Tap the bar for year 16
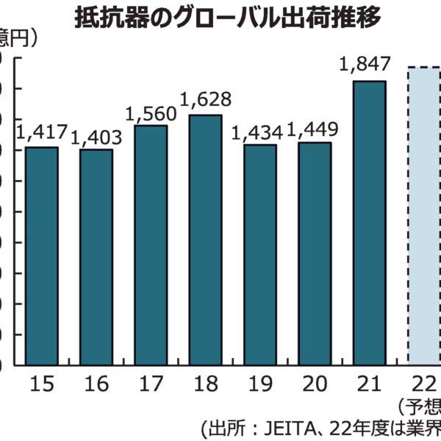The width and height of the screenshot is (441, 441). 96,257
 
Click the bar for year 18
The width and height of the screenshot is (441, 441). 205,239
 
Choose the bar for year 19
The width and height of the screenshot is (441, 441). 260,254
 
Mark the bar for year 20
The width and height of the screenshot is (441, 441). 315,253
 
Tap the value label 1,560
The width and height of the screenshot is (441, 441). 151,113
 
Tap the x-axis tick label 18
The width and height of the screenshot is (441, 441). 205,383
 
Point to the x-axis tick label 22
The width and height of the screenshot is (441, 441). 423,383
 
